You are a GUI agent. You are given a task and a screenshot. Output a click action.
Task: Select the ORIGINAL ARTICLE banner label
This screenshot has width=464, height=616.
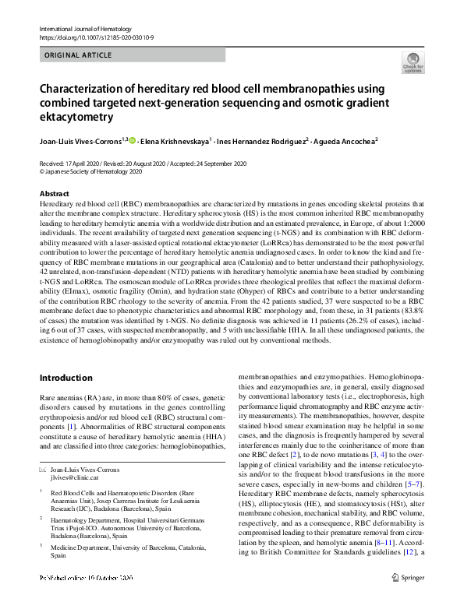[79, 56]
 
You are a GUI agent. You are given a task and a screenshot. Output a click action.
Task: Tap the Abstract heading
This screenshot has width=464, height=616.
[54, 193]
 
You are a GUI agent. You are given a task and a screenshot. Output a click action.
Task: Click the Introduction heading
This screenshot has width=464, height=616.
[66, 378]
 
